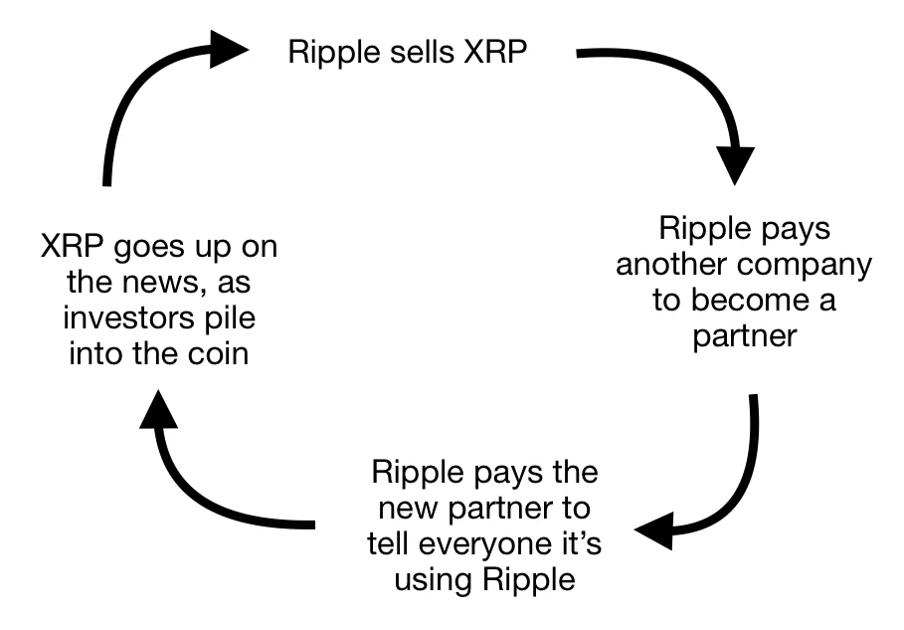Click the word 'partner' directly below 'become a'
[745, 336]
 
